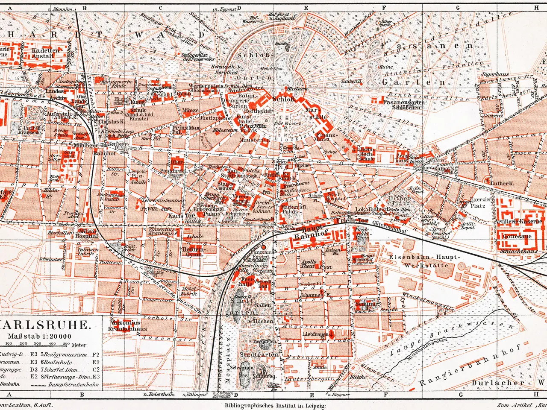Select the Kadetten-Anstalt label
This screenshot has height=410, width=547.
click(x=46, y=53)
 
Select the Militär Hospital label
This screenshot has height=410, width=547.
click(x=87, y=233)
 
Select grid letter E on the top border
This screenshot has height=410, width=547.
click(x=306, y=7)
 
